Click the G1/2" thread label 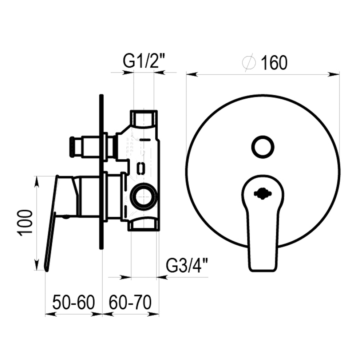[144, 61]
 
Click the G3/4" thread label [187, 266]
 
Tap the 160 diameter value [274, 63]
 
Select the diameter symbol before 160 [249, 62]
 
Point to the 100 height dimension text [25, 223]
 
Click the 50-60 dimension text [74, 302]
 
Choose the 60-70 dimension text [130, 302]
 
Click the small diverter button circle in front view [263, 147]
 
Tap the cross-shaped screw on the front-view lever [262, 193]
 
